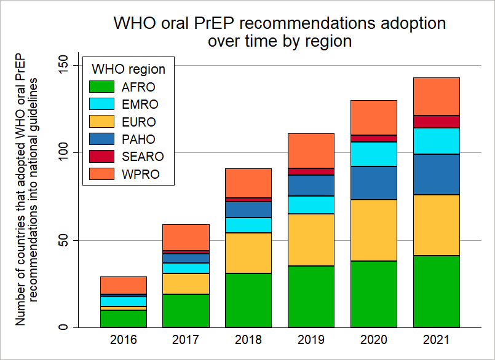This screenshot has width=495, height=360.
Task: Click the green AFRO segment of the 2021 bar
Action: [x=436, y=291]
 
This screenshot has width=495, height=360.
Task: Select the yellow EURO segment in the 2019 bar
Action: [x=311, y=240]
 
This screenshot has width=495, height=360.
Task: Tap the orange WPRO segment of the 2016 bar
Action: [x=123, y=285]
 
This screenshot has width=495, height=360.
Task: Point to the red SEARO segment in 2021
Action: [x=436, y=122]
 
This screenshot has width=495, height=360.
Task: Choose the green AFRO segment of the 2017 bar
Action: [x=186, y=310]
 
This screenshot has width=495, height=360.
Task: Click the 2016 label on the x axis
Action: [x=123, y=340]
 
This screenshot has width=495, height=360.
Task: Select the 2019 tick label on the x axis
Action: [x=311, y=340]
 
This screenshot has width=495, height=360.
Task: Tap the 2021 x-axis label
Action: [x=436, y=340]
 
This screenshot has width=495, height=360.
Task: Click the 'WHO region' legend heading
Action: [x=128, y=69]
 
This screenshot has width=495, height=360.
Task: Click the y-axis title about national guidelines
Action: [x=26, y=197]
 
